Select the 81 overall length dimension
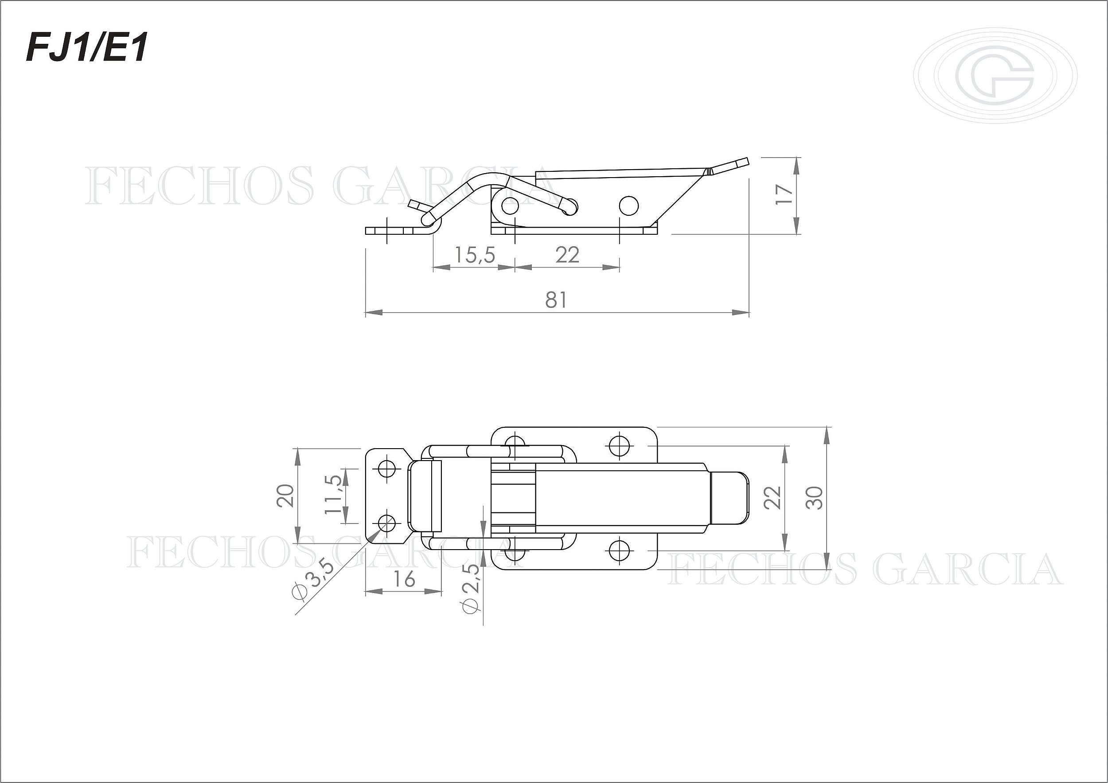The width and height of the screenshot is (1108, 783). click(x=556, y=299)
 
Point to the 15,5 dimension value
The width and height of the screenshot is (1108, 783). click(x=475, y=255)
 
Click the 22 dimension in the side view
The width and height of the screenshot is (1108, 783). click(x=567, y=255)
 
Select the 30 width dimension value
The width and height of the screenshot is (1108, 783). click(x=815, y=498)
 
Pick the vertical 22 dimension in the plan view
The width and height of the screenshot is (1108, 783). click(x=772, y=498)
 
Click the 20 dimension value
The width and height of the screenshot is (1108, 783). click(x=285, y=495)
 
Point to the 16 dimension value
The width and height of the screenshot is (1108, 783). click(x=403, y=579)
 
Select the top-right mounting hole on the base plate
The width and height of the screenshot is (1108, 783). click(x=618, y=445)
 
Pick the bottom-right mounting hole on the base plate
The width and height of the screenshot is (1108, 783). click(x=618, y=551)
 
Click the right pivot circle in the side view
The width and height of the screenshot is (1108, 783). click(x=628, y=206)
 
